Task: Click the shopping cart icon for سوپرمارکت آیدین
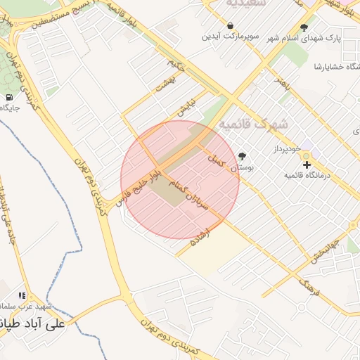pos(230,25)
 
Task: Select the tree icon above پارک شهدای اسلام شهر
pos(304,27)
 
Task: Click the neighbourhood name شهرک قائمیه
pos(254,124)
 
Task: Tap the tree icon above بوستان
pos(243,156)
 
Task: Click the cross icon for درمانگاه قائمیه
pos(307,164)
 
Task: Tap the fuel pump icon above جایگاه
pos(8,97)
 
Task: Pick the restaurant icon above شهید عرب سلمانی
pos(22,296)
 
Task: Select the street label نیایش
pos(184,108)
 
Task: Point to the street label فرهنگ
pos(309,285)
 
